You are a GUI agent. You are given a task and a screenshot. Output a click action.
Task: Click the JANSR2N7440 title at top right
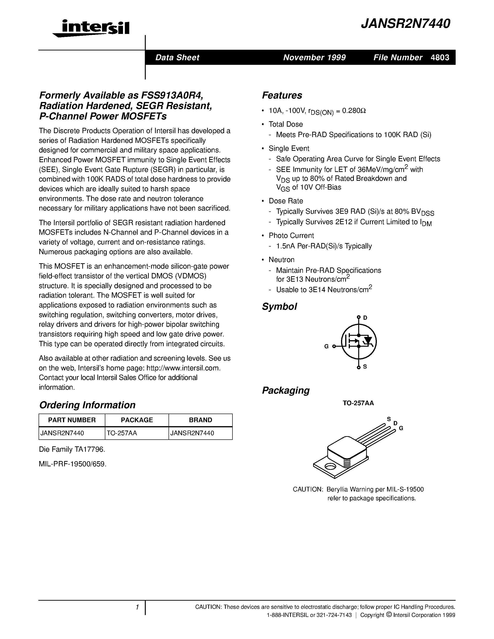pyautogui.click(x=405, y=24)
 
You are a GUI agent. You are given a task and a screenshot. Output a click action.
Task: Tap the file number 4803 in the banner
pyautogui.click(x=440, y=57)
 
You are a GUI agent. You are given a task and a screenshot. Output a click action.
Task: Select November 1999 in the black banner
pyautogui.click(x=314, y=57)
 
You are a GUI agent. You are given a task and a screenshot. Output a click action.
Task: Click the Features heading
pyautogui.click(x=282, y=95)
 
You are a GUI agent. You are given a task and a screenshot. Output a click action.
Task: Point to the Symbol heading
pyautogui.click(x=279, y=307)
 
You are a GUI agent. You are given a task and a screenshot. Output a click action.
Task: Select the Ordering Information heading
pyautogui.click(x=87, y=405)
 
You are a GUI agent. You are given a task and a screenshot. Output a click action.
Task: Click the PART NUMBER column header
pyautogui.click(x=72, y=420)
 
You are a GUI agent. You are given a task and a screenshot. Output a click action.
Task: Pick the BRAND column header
pyautogui.click(x=200, y=420)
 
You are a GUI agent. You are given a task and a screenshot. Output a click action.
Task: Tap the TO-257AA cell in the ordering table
pyautogui.click(x=122, y=433)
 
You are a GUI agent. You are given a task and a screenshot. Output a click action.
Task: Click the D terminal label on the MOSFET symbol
pyautogui.click(x=365, y=318)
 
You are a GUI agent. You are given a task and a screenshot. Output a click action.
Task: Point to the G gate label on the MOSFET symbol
pyautogui.click(x=326, y=346)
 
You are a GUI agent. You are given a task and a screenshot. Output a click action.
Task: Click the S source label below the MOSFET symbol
pyautogui.click(x=365, y=367)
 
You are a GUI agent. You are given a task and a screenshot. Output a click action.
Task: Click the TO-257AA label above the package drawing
pyautogui.click(x=358, y=403)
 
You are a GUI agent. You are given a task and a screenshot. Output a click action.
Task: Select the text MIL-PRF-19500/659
pyautogui.click(x=73, y=464)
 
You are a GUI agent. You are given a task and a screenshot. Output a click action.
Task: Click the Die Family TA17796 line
pyautogui.click(x=72, y=449)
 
